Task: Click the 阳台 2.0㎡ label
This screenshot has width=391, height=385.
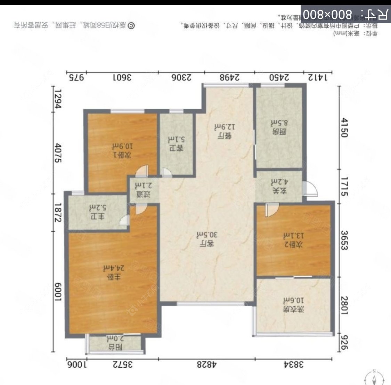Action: pyautogui.click(x=115, y=343)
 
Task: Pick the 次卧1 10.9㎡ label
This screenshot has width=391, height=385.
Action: pyautogui.click(x=121, y=150)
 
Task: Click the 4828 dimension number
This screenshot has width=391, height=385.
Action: pyautogui.click(x=207, y=365)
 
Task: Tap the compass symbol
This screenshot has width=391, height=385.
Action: pyautogui.click(x=374, y=378)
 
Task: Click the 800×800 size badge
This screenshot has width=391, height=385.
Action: pyautogui.click(x=345, y=14)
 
